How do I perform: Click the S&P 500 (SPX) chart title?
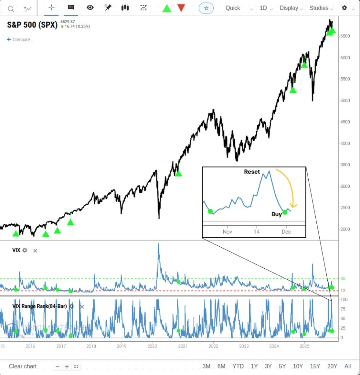click(32, 25)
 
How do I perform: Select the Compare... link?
click(20, 40)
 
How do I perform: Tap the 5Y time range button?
click(282, 366)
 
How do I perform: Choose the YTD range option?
click(238, 366)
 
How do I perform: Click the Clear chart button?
click(23, 366)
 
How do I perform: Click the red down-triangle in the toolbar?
click(181, 8)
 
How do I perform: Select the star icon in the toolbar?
click(206, 8)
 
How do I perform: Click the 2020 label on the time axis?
click(152, 346)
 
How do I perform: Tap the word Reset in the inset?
click(252, 172)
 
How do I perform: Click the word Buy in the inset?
click(276, 214)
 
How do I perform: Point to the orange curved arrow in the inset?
click(289, 187)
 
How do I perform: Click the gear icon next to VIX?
click(25, 250)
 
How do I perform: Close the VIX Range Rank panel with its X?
click(82, 306)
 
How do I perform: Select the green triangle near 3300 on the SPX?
click(179, 173)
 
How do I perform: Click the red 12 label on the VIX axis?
click(343, 291)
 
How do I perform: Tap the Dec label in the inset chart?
click(286, 232)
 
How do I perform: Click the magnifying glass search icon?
click(11, 8)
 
